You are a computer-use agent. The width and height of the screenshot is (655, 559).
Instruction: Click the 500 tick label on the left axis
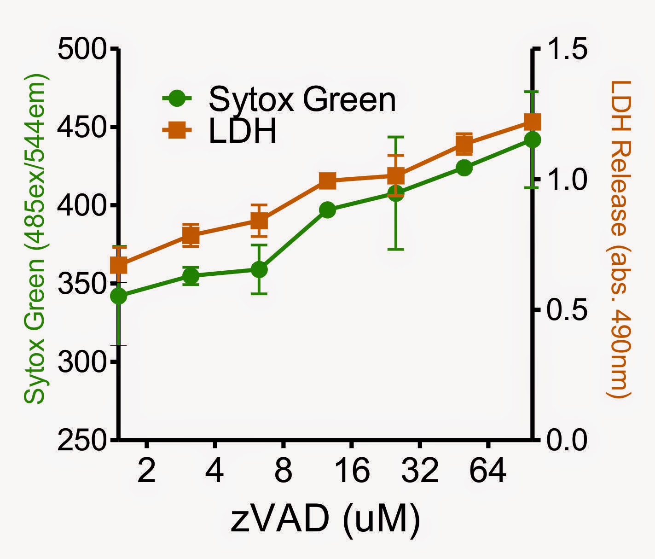(x=81, y=48)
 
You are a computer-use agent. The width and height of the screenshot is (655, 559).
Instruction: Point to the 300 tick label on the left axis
(x=81, y=362)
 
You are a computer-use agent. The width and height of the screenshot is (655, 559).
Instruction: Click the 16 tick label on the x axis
(x=351, y=470)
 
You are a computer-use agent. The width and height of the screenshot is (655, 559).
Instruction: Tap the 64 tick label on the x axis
(x=488, y=470)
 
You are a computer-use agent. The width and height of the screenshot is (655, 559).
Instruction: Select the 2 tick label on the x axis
(x=146, y=470)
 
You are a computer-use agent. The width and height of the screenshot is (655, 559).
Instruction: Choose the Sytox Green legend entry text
(x=302, y=99)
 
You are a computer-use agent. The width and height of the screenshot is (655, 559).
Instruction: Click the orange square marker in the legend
(x=177, y=131)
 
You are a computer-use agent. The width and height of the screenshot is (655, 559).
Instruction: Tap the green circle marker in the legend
(x=177, y=98)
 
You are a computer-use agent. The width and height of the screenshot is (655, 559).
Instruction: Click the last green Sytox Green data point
(x=532, y=140)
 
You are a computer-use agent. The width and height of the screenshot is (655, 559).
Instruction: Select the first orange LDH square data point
(x=119, y=266)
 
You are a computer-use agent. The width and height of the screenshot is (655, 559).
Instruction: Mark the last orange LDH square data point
(x=532, y=122)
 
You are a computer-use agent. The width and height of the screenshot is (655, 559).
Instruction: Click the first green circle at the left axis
(x=119, y=297)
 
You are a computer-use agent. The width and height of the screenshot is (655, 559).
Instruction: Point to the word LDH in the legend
(x=243, y=132)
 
